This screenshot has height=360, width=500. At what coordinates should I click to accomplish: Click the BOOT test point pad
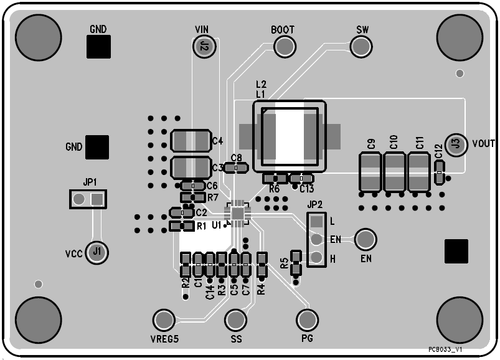tap(284, 46)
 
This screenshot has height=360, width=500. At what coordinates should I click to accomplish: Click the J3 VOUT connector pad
tap(456, 143)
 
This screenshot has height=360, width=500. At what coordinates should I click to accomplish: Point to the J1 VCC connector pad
tap(96, 252)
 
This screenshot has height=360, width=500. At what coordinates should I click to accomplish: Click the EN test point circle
tap(366, 239)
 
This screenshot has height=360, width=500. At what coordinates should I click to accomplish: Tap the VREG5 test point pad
tap(164, 320)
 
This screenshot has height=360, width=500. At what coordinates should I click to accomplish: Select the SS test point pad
tap(236, 320)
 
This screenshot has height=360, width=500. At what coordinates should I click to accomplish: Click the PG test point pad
tap(306, 320)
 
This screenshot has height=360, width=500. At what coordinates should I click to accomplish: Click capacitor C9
tap(370, 171)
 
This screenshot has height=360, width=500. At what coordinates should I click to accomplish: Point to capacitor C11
tap(418, 171)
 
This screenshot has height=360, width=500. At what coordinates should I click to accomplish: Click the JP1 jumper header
tap(87, 199)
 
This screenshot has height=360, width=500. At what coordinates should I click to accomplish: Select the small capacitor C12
tap(440, 171)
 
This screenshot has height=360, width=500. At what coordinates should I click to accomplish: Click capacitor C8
tap(237, 168)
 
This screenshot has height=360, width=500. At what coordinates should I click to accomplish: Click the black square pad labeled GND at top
tap(98, 46)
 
